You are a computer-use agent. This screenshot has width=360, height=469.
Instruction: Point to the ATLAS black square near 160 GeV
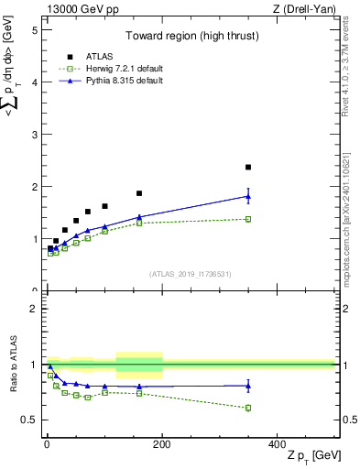pyautogui.click(x=139, y=193)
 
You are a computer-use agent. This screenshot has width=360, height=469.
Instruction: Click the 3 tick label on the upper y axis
pyautogui.click(x=35, y=135)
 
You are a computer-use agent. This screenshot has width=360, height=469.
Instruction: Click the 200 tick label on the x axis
pyautogui.click(x=162, y=443)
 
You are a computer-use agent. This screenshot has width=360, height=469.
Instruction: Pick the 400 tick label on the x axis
pyautogui.click(x=278, y=443)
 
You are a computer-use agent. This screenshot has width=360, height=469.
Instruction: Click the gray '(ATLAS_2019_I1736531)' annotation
pyautogui.click(x=190, y=274)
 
